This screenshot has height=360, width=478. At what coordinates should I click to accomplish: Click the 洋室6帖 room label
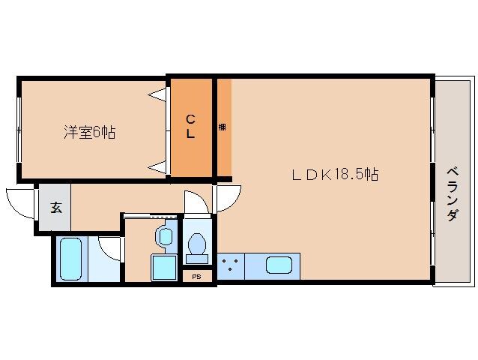(89, 133)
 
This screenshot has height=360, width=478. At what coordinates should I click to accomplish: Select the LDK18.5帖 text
(334, 175)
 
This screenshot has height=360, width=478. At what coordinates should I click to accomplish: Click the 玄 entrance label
(55, 208)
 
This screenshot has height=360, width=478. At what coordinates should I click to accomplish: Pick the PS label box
(196, 276)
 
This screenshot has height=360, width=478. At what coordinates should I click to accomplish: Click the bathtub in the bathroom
(70, 259)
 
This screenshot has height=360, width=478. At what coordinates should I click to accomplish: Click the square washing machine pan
(164, 267)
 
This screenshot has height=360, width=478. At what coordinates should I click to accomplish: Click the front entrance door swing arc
(21, 203)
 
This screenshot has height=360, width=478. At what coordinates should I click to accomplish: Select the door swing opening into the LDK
(227, 199)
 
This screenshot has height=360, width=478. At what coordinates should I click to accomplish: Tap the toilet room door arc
(195, 202)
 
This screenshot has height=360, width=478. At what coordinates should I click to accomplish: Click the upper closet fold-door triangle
(158, 96)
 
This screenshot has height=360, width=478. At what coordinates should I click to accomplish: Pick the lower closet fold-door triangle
(158, 164)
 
